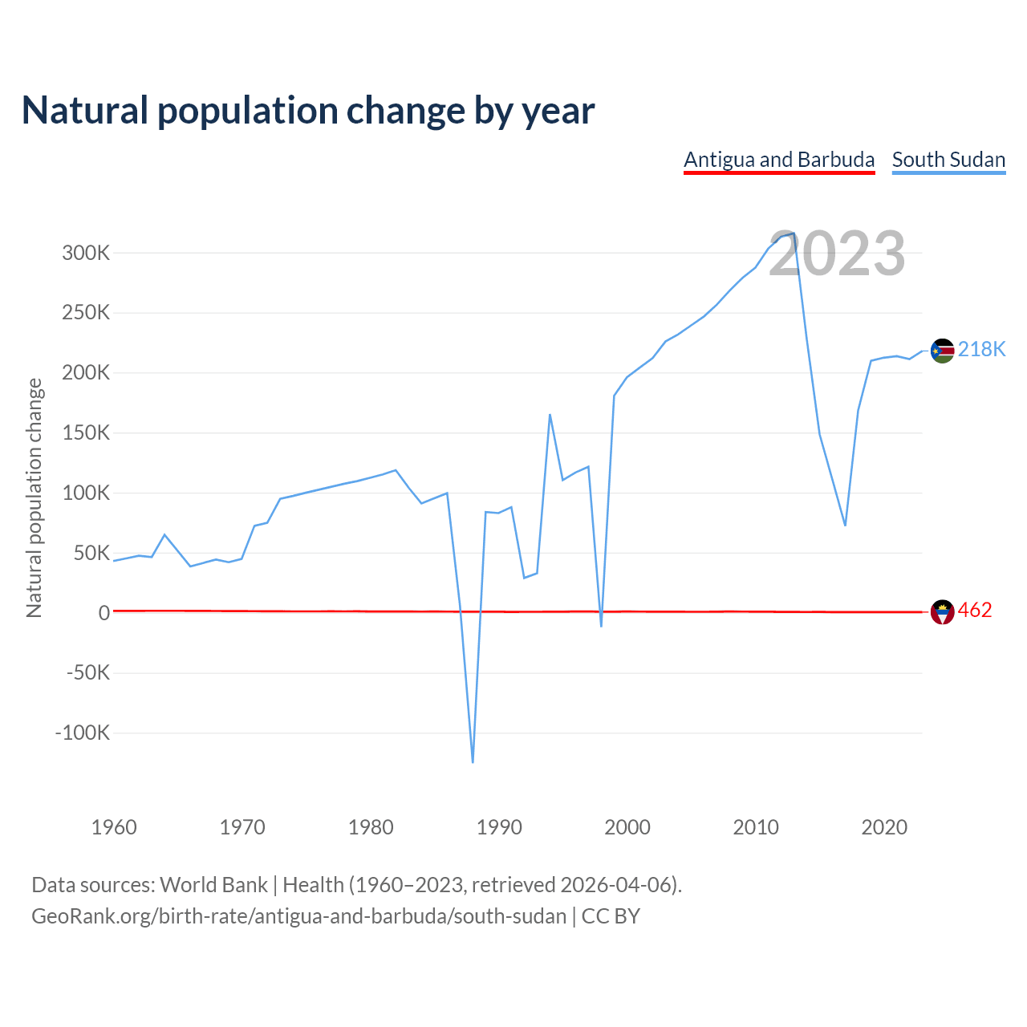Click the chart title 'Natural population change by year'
[x=308, y=111]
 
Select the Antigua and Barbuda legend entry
[x=779, y=160]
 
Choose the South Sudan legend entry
[x=948, y=160]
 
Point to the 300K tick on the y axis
[x=86, y=254]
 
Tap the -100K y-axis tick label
[x=82, y=733]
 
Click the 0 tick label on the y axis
[x=104, y=613]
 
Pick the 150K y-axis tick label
[x=86, y=433]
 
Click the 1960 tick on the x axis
[x=114, y=827]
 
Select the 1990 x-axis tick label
[x=499, y=827]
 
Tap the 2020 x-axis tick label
[x=884, y=827]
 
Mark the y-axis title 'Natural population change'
[x=34, y=498]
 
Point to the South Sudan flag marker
[x=942, y=351]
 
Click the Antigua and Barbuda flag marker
[x=942, y=612]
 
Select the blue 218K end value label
[x=981, y=349]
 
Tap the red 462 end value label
[x=975, y=611]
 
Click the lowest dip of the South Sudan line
[x=473, y=761]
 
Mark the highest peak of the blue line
[x=794, y=233]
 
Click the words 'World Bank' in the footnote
[x=213, y=885]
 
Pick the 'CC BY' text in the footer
[x=611, y=916]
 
